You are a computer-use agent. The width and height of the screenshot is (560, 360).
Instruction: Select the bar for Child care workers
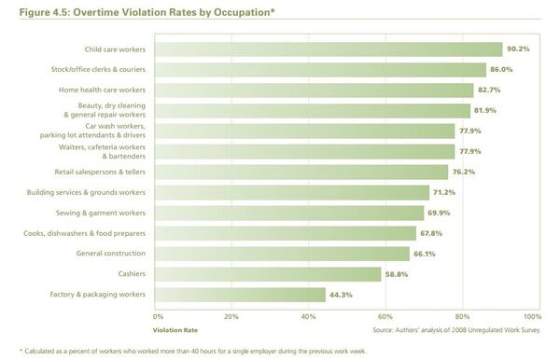(327, 49)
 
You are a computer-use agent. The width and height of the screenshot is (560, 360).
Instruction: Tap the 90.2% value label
(518, 49)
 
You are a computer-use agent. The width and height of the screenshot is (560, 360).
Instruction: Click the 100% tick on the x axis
(531, 316)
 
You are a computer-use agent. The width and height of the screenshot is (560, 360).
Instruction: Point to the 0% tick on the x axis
(158, 316)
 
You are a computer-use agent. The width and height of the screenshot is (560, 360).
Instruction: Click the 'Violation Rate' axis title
(175, 329)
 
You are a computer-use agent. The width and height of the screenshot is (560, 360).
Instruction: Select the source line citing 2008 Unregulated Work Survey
(453, 329)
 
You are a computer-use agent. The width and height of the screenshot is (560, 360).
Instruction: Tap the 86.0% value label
(502, 70)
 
